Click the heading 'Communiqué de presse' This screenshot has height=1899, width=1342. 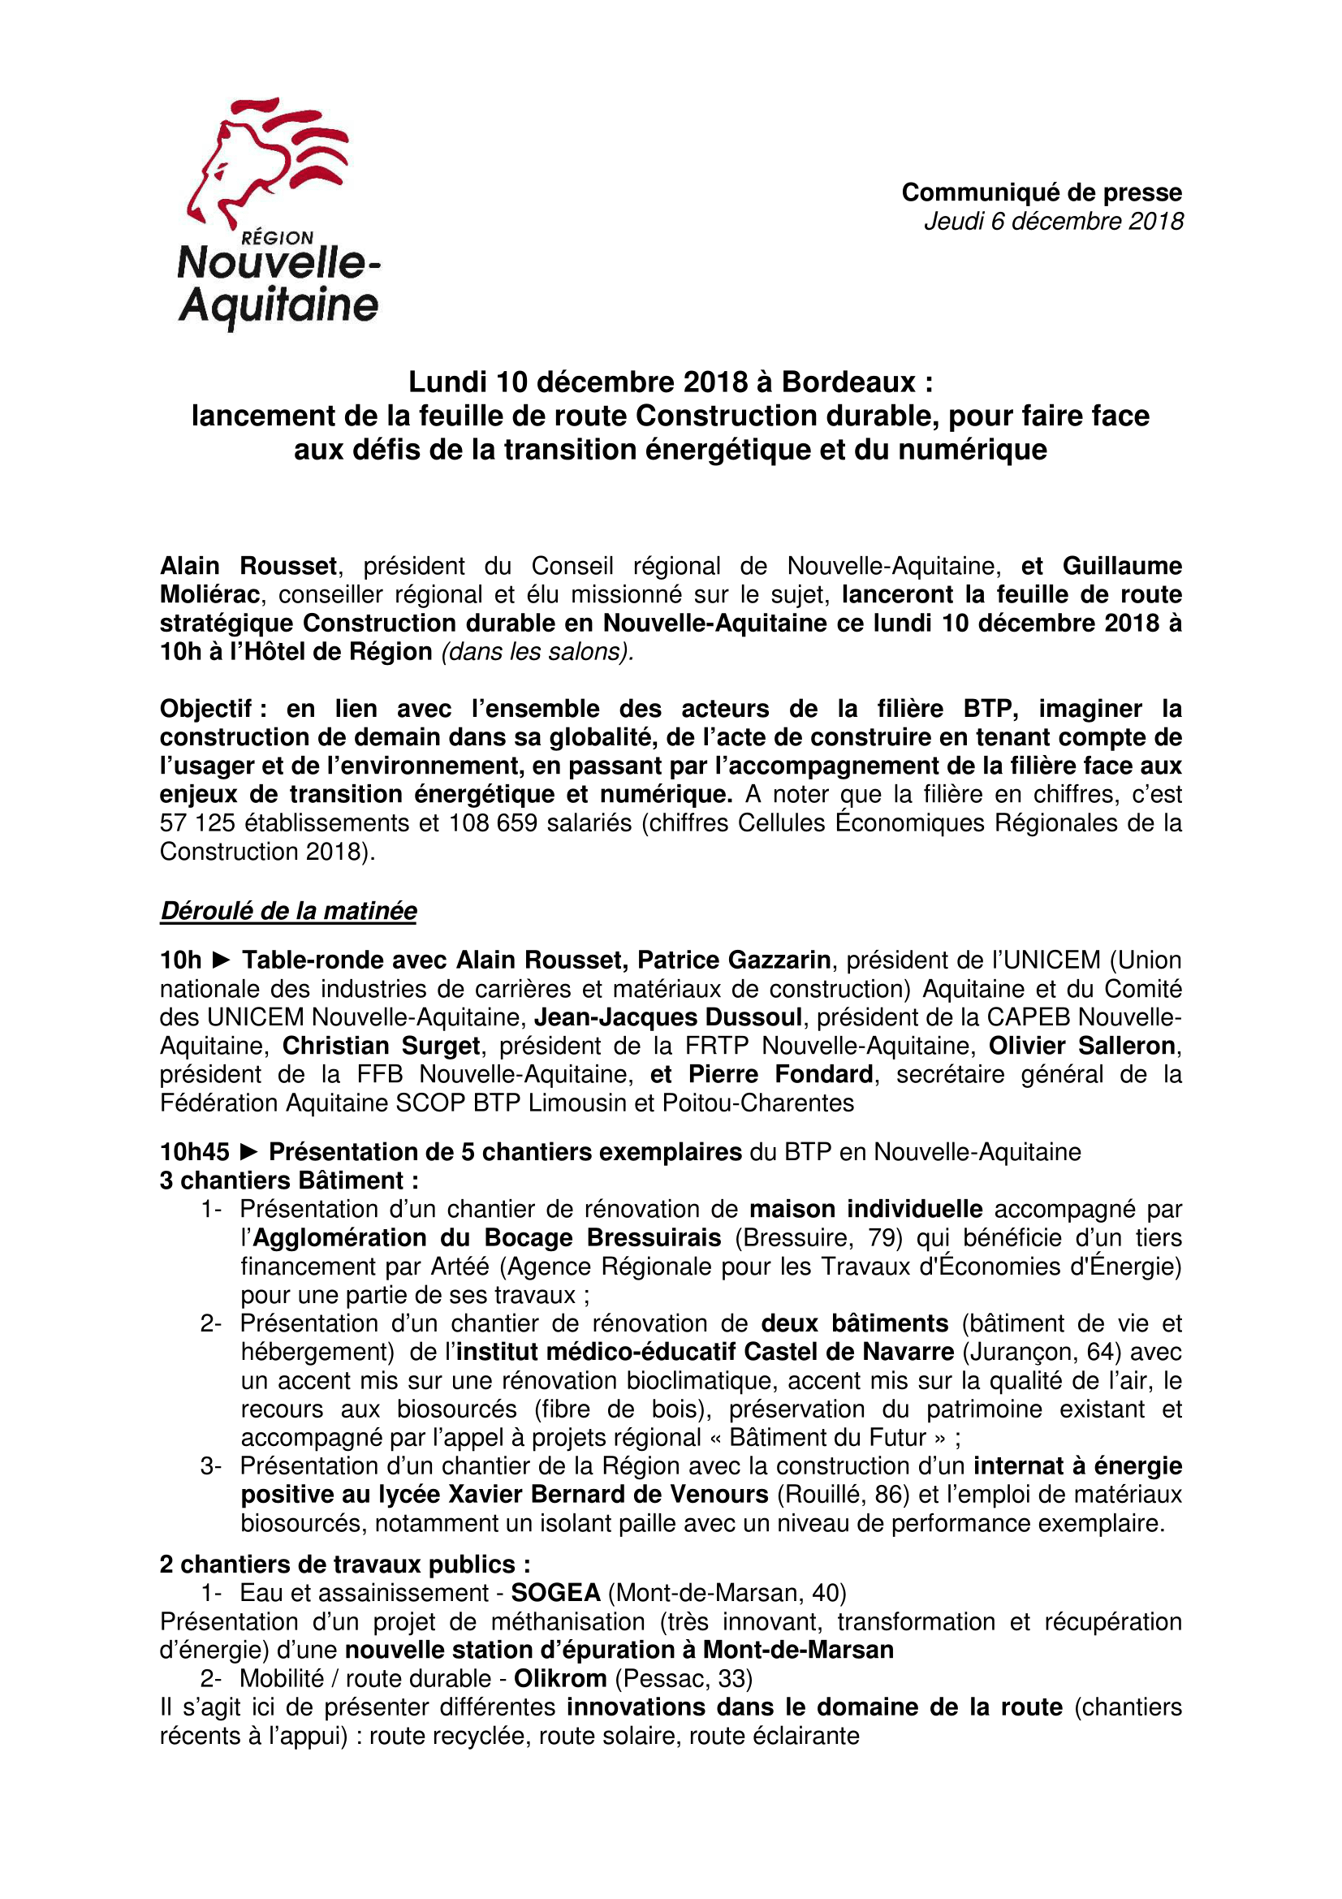tap(1041, 192)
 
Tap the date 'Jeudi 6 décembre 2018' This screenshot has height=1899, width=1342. tap(1054, 222)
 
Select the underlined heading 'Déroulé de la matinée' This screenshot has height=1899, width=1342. tap(288, 911)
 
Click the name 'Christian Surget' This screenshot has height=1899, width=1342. tap(382, 1046)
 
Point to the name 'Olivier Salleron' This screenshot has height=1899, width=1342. tap(1082, 1046)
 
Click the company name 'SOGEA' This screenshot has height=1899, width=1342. tap(555, 1593)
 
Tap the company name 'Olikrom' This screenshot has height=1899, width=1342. tap(561, 1678)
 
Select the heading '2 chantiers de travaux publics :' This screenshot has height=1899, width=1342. tap(345, 1564)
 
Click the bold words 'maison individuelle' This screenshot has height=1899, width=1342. tap(865, 1209)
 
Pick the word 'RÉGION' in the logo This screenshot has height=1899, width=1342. tap(278, 238)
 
